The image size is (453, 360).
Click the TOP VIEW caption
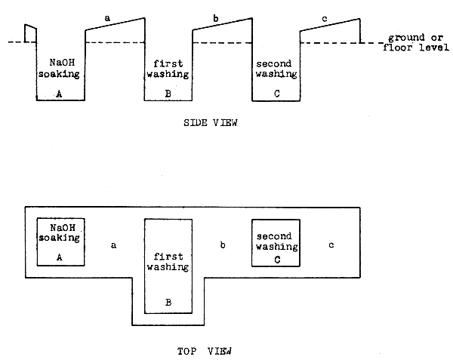click(x=205, y=350)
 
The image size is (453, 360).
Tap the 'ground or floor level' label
click(x=417, y=42)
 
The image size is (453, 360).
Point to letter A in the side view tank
click(x=60, y=94)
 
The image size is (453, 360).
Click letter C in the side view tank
click(x=276, y=94)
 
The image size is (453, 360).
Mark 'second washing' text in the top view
click(x=276, y=241)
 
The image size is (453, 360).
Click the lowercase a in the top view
click(x=114, y=245)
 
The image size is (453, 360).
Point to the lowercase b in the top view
click(x=222, y=245)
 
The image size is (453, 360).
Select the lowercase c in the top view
click(x=331, y=245)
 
